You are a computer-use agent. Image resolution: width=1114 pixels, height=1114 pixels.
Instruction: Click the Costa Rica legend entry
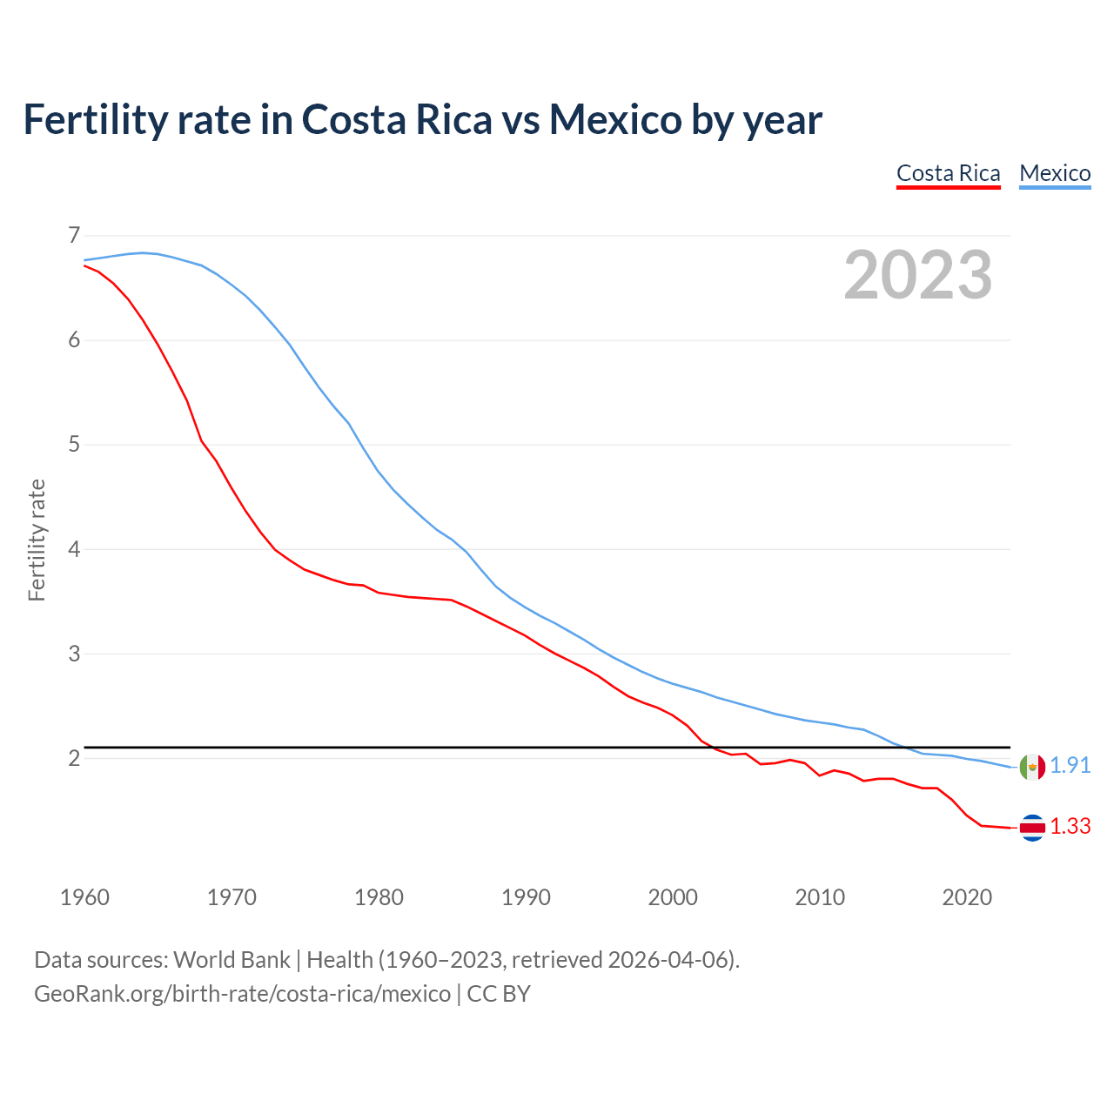948,173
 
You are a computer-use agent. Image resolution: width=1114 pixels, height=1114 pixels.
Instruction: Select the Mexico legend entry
1055,173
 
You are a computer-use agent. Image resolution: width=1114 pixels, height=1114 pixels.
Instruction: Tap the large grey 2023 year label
918,275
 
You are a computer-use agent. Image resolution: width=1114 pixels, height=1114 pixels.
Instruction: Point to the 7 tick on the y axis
74,235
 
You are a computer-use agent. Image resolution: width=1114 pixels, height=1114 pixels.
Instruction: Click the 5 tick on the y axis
74,445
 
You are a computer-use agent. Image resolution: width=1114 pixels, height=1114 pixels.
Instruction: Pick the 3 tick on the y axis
74,654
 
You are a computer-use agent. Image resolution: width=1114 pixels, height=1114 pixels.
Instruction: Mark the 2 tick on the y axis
74,758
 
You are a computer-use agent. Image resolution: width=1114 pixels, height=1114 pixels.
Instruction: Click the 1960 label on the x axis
84,897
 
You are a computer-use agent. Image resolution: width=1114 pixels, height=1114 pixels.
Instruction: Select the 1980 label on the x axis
379,897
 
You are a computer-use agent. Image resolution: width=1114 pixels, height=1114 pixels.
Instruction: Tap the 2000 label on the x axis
673,897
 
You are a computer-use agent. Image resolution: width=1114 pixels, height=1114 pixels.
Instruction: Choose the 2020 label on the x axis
967,897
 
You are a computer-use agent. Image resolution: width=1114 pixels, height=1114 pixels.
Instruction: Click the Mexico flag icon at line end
1032,767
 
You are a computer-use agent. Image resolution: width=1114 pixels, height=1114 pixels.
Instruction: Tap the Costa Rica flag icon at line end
1032,828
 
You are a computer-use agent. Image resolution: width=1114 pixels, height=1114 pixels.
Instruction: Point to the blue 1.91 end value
1070,765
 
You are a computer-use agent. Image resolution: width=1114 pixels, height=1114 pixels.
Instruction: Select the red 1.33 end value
1070,826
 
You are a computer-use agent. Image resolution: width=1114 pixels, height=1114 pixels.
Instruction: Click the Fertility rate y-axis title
37,540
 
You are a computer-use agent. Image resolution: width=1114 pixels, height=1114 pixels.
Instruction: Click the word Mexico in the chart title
614,119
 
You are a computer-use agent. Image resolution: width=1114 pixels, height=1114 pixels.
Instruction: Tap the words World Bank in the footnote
232,960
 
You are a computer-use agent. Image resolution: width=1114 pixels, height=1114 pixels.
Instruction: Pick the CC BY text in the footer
499,994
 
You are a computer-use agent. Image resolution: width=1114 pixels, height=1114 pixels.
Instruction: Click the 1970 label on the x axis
232,897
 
